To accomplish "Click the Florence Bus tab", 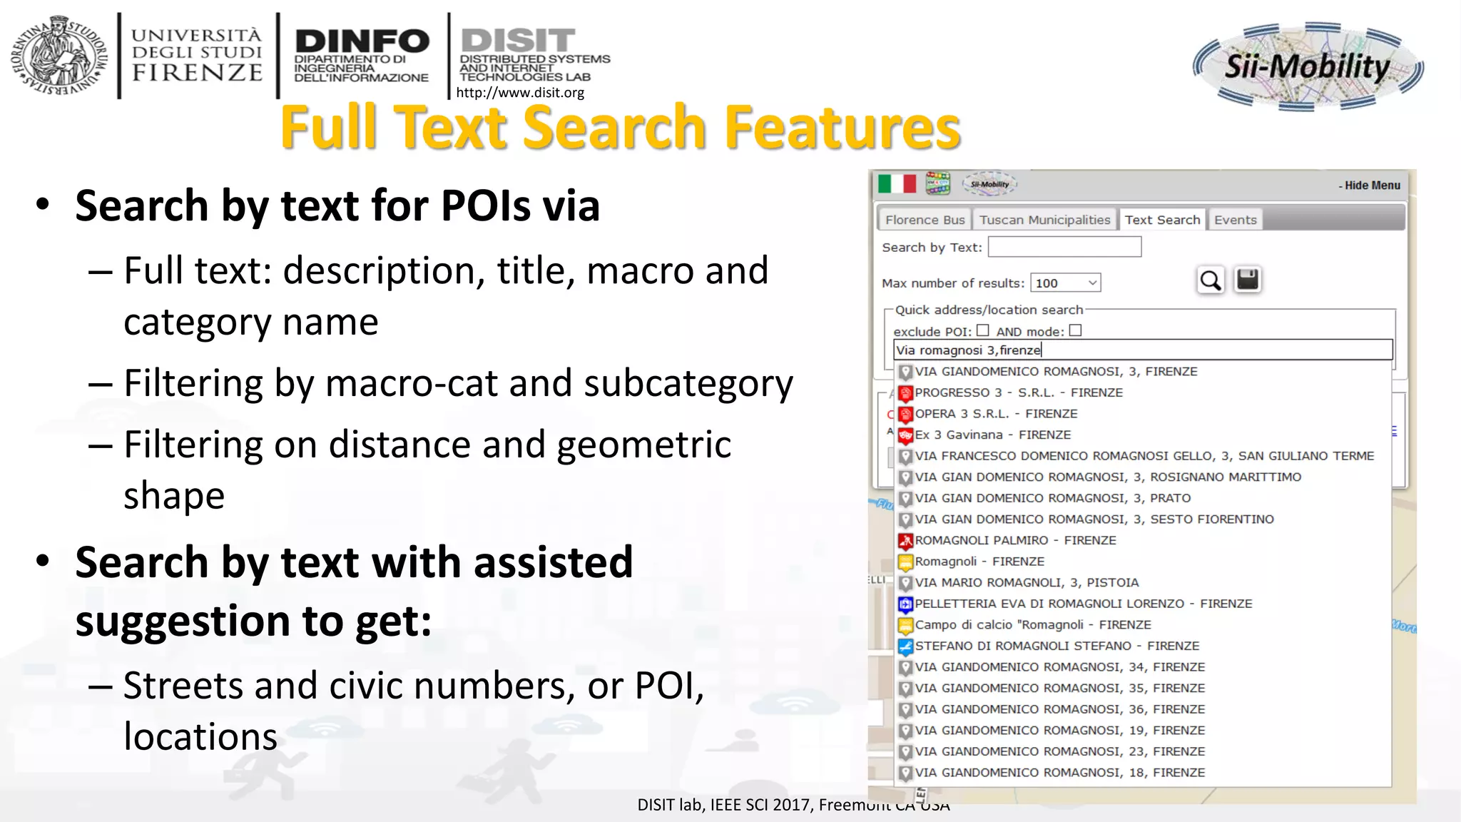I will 925,220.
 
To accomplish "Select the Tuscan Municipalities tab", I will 1044,220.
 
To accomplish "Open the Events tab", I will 1235,220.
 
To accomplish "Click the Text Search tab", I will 1162,220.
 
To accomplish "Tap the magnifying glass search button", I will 1211,280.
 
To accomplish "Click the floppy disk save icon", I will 1248,279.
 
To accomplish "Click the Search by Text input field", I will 1064,247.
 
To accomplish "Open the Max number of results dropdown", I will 1065,283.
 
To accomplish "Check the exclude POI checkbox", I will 983,330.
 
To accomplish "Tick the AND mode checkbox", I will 1076,330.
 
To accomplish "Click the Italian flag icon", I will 897,184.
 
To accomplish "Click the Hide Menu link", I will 1370,186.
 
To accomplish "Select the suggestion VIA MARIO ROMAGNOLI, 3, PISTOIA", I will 1027,583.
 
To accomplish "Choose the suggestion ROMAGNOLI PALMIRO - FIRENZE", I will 1015,540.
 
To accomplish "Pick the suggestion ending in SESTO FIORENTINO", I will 1094,519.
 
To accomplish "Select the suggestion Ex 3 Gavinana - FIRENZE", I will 992,435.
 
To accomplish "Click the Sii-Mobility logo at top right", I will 1308,66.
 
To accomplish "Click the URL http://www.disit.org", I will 520,93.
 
